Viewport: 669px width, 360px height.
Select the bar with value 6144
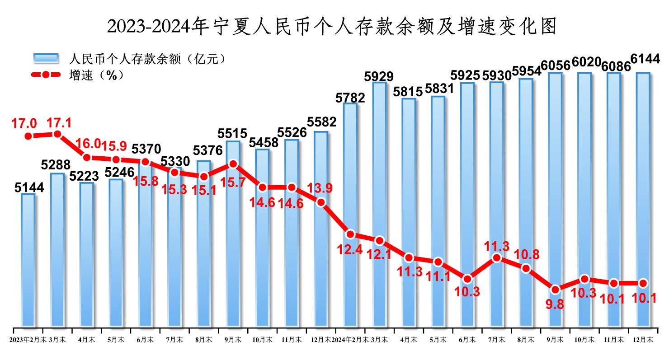point(643,199)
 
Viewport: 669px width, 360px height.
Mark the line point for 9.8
point(555,289)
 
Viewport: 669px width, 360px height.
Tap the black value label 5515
point(233,134)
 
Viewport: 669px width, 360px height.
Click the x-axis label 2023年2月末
point(28,339)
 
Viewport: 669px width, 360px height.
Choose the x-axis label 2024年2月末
point(350,339)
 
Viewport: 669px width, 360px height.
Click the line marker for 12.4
point(350,234)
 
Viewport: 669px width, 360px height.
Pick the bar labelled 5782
point(350,215)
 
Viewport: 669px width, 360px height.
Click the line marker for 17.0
point(28,136)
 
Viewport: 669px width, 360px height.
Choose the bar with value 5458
point(262,237)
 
